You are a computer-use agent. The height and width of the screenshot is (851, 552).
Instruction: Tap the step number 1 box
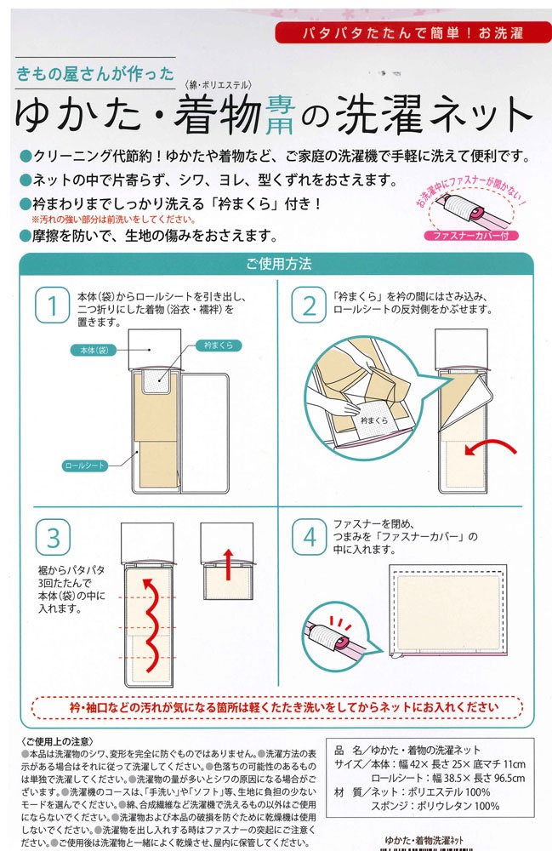[x=53, y=305]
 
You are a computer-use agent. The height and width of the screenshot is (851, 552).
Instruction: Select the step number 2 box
[x=309, y=305]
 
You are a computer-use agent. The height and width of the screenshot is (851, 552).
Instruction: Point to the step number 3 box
[x=53, y=537]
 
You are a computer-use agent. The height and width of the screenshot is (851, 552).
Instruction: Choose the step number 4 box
[x=309, y=537]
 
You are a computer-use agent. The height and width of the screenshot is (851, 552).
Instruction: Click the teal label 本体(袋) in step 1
[x=94, y=350]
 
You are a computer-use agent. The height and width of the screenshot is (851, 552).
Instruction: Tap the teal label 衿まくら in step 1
[x=219, y=346]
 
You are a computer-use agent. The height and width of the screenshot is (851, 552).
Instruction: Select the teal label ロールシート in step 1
[x=84, y=465]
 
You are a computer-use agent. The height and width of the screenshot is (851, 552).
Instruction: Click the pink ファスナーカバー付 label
[x=471, y=236]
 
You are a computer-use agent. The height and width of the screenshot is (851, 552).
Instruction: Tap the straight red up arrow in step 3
[x=228, y=565]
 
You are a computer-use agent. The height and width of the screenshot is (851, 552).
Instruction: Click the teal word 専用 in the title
[x=281, y=115]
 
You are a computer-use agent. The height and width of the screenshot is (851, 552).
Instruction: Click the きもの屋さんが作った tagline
[x=95, y=73]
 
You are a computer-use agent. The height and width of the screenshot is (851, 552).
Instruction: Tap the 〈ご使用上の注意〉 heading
[x=58, y=741]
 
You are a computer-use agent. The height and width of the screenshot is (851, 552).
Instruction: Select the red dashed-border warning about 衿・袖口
[x=277, y=708]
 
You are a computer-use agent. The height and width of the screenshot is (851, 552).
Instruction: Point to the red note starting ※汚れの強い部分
[x=114, y=220]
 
